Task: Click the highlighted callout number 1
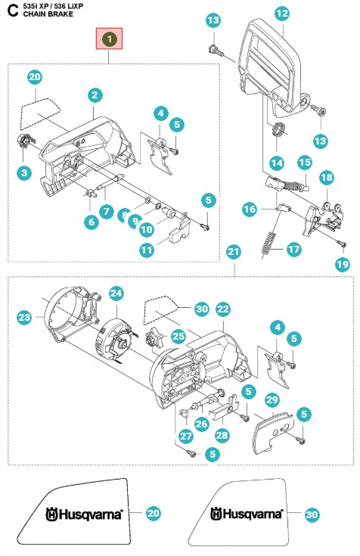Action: [x=110, y=38]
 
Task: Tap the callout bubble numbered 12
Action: [x=281, y=13]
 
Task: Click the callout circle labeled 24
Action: [x=116, y=291]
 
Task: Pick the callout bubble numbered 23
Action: [x=24, y=318]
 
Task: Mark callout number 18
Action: [x=327, y=177]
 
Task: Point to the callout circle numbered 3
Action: [x=24, y=173]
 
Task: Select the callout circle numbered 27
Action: [x=185, y=436]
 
